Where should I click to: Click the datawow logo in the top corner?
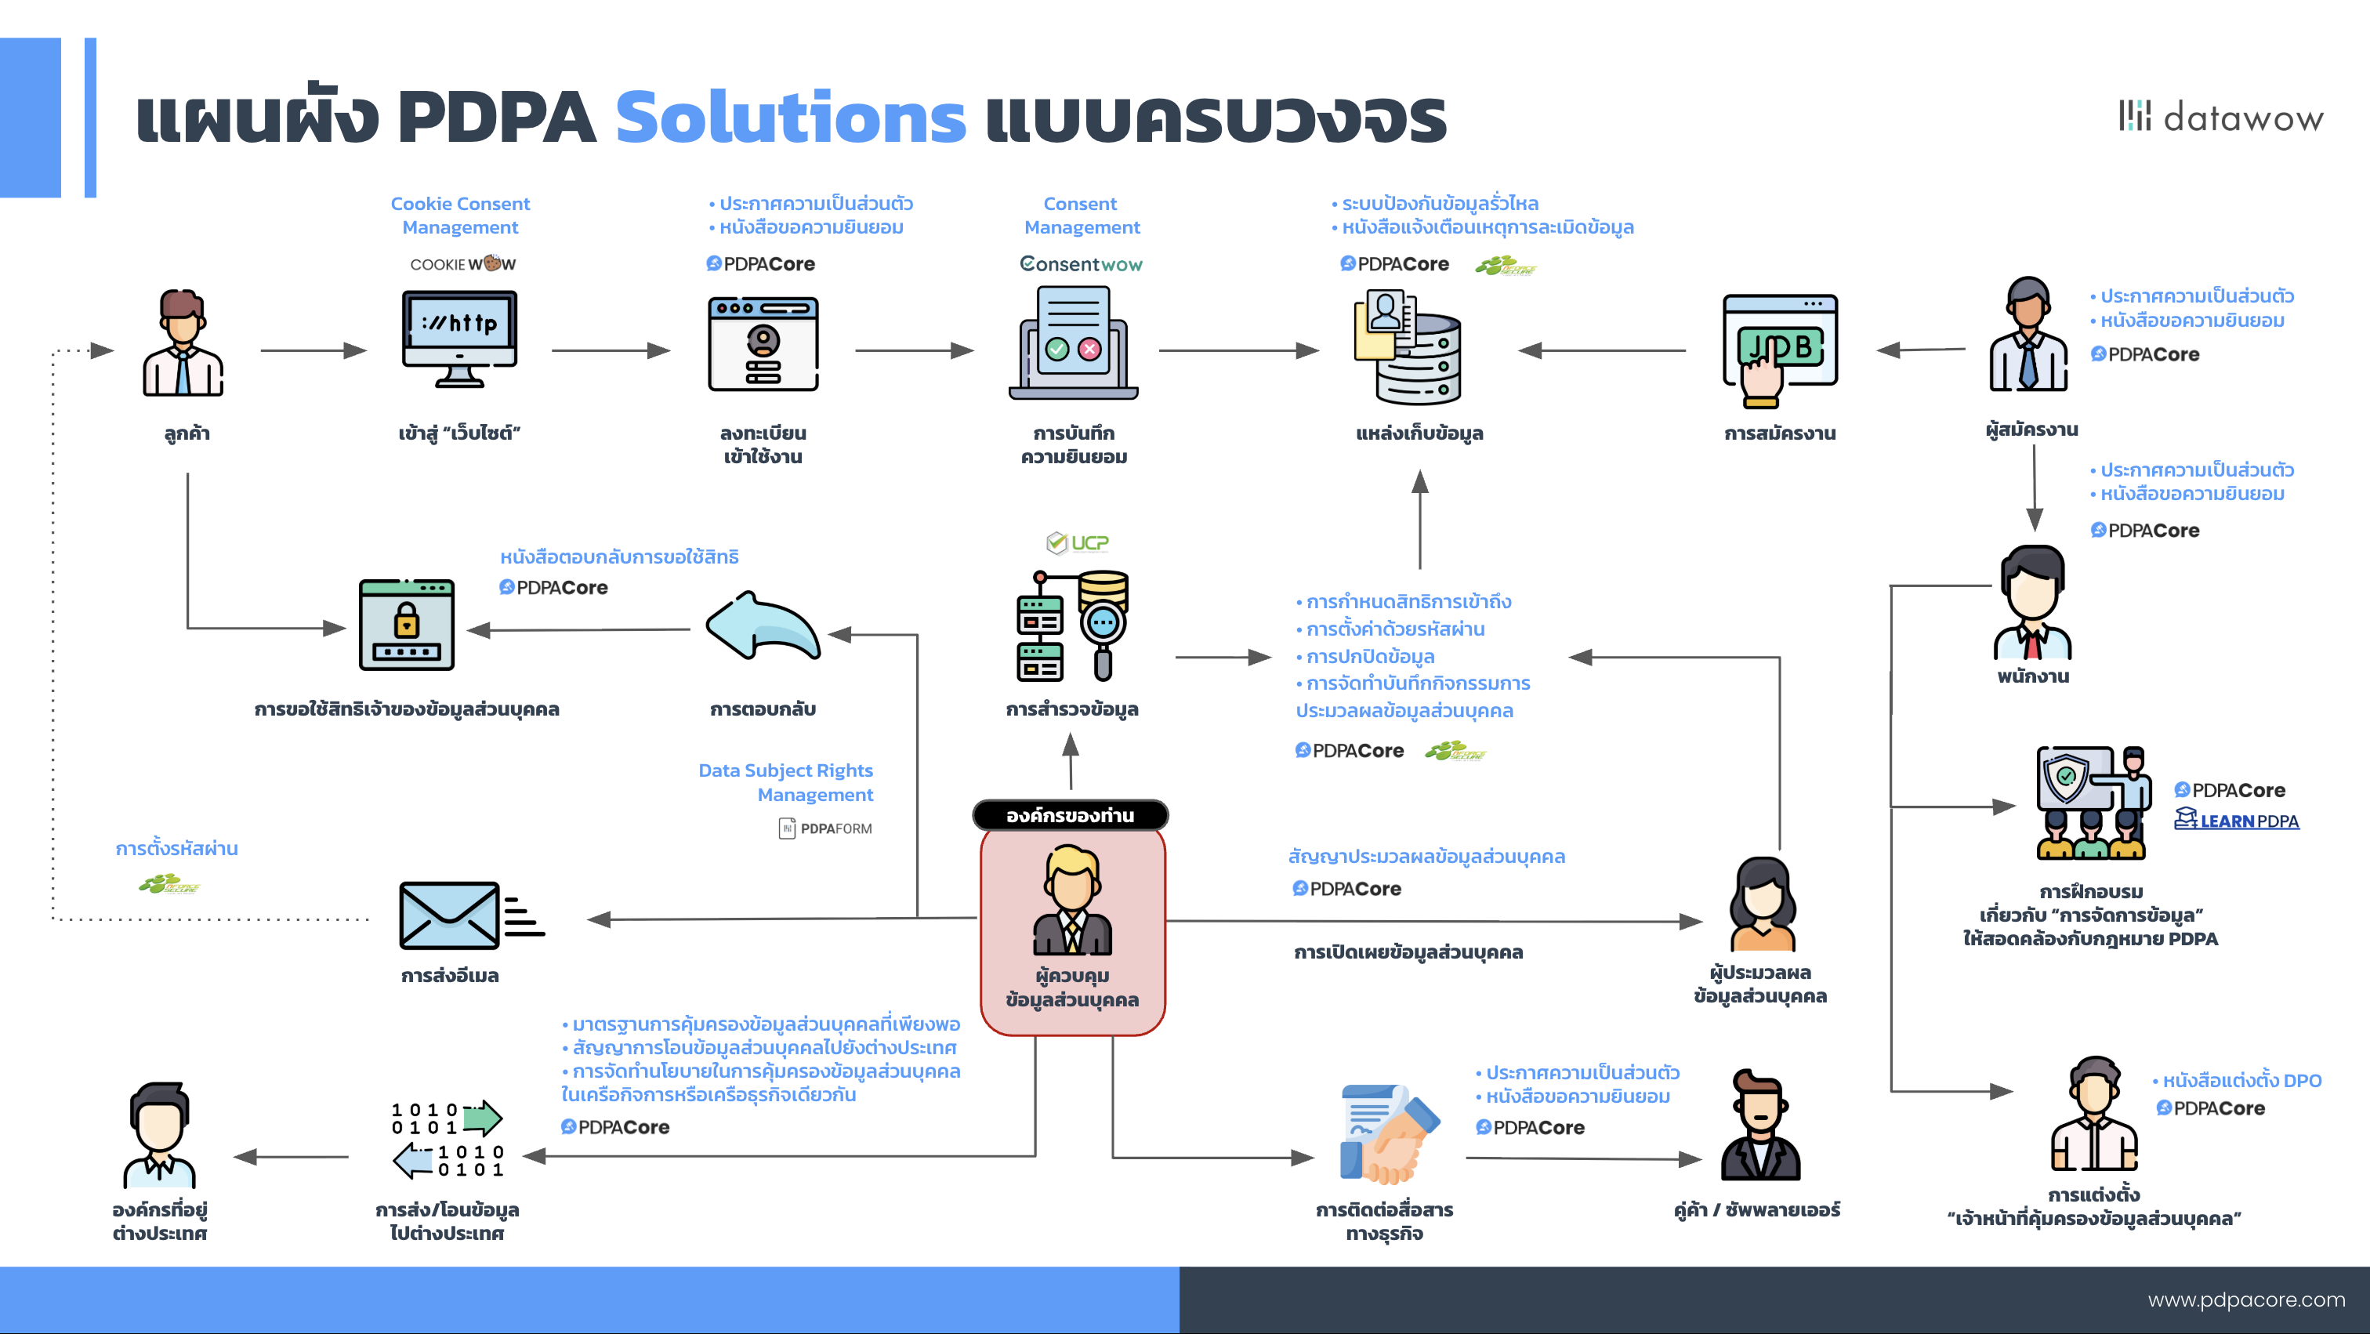click(x=2221, y=117)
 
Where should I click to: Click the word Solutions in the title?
click(x=790, y=118)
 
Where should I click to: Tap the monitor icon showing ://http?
click(x=459, y=339)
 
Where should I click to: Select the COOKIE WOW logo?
click(x=462, y=264)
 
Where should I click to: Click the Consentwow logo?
click(x=1080, y=264)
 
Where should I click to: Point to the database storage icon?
click(x=1408, y=347)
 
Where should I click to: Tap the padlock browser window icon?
click(x=407, y=625)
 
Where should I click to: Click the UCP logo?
click(x=1078, y=543)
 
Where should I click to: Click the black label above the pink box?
click(x=1070, y=815)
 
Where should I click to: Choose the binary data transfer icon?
click(x=448, y=1139)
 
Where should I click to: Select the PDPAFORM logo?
click(x=825, y=828)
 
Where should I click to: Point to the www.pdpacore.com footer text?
click(x=2246, y=1299)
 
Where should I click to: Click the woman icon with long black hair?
click(x=1762, y=904)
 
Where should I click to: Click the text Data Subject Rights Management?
click(x=786, y=782)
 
